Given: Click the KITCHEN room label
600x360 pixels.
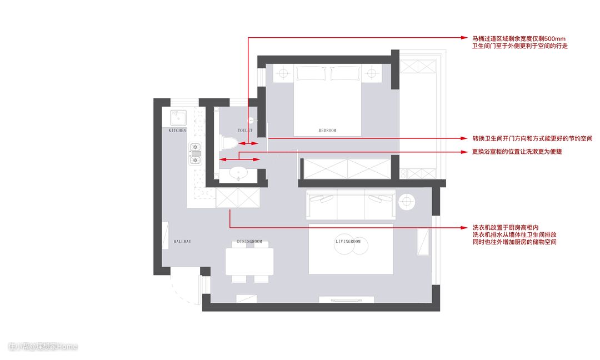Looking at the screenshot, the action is (177, 131).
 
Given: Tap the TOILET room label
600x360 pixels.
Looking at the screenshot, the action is (245, 131).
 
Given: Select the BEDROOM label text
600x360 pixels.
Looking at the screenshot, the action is (328, 131).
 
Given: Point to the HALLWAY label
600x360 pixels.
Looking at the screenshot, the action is (182, 242).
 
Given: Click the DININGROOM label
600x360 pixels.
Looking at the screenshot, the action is (249, 242).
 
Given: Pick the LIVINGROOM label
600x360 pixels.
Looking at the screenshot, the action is (348, 242).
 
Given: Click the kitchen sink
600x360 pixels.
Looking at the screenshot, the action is (178, 118).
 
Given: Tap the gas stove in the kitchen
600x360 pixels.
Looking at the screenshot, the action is (195, 153).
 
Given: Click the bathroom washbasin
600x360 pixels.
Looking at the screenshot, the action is (238, 173).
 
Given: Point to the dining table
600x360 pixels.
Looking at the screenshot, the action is (249, 262).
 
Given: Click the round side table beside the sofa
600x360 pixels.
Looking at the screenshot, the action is (406, 201).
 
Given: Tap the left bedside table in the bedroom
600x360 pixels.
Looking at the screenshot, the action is (283, 73).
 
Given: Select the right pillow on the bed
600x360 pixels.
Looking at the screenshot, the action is (345, 73).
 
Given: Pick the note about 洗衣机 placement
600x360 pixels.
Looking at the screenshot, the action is (514, 234).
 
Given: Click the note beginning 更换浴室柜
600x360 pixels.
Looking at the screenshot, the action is (517, 152).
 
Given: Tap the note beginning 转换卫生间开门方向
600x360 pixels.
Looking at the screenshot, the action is (532, 138).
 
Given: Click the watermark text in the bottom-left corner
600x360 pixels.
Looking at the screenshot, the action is (42, 347).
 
